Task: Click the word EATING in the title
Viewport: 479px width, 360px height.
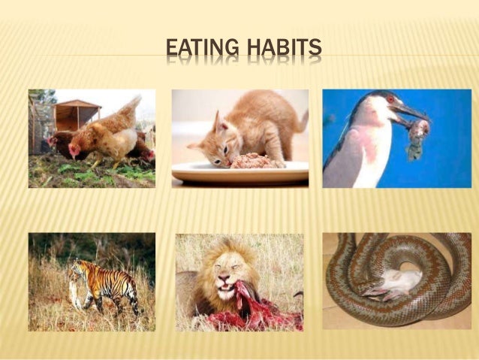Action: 200,50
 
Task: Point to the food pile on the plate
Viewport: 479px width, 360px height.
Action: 255,160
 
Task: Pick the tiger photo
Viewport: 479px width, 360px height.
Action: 92,282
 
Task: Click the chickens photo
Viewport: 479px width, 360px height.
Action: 92,138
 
